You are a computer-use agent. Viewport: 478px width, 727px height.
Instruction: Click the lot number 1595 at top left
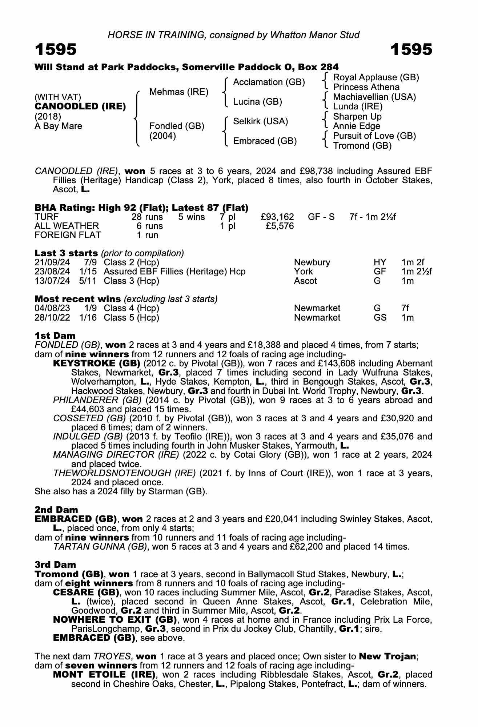coord(56,50)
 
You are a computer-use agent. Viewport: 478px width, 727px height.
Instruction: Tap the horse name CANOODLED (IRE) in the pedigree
coord(80,107)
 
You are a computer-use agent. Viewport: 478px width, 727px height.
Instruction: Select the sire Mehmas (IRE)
coord(179,92)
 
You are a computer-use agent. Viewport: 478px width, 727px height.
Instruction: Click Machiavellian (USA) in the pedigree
coord(374,97)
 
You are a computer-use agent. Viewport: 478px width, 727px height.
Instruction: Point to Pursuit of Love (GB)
coord(374,136)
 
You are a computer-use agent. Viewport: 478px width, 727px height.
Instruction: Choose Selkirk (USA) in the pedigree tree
coord(261,121)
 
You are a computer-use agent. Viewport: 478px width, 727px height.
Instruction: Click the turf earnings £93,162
coord(277,217)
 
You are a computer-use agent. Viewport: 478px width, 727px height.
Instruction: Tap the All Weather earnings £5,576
coord(280,226)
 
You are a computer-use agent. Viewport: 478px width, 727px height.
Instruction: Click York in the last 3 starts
coord(303,272)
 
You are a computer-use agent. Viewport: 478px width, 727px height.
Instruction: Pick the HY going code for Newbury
coord(380,262)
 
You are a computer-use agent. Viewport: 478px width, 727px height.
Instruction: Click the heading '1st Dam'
coord(55,336)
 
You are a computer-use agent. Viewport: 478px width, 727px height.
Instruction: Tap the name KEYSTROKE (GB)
coord(97,363)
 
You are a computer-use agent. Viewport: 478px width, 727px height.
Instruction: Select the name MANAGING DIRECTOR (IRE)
coord(116,455)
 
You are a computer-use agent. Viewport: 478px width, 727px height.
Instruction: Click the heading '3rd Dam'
coord(55,565)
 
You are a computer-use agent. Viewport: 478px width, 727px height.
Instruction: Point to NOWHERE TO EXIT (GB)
coord(115,619)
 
